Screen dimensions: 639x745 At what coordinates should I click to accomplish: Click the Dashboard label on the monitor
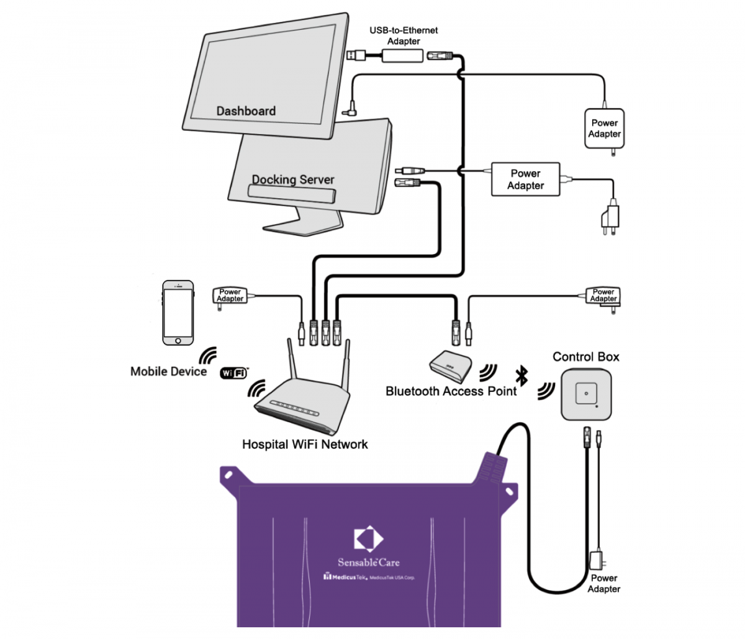pos(246,111)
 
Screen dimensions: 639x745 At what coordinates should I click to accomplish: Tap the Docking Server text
pos(293,179)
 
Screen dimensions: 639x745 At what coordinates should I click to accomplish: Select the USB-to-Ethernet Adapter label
pos(404,35)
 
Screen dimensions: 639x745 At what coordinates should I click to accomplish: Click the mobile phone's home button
pos(178,340)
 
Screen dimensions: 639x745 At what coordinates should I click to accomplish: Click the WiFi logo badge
pos(234,373)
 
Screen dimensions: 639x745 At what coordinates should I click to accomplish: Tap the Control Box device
pos(587,394)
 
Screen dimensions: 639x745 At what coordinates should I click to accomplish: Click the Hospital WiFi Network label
pos(305,445)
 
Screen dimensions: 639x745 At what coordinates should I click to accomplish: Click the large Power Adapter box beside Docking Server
pos(525,179)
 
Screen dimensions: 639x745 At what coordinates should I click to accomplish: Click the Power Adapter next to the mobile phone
pos(230,295)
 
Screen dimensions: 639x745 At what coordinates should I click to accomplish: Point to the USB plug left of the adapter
pos(357,55)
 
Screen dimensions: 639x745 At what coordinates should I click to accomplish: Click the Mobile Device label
pos(168,371)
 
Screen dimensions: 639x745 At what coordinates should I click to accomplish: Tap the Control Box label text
pos(586,356)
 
